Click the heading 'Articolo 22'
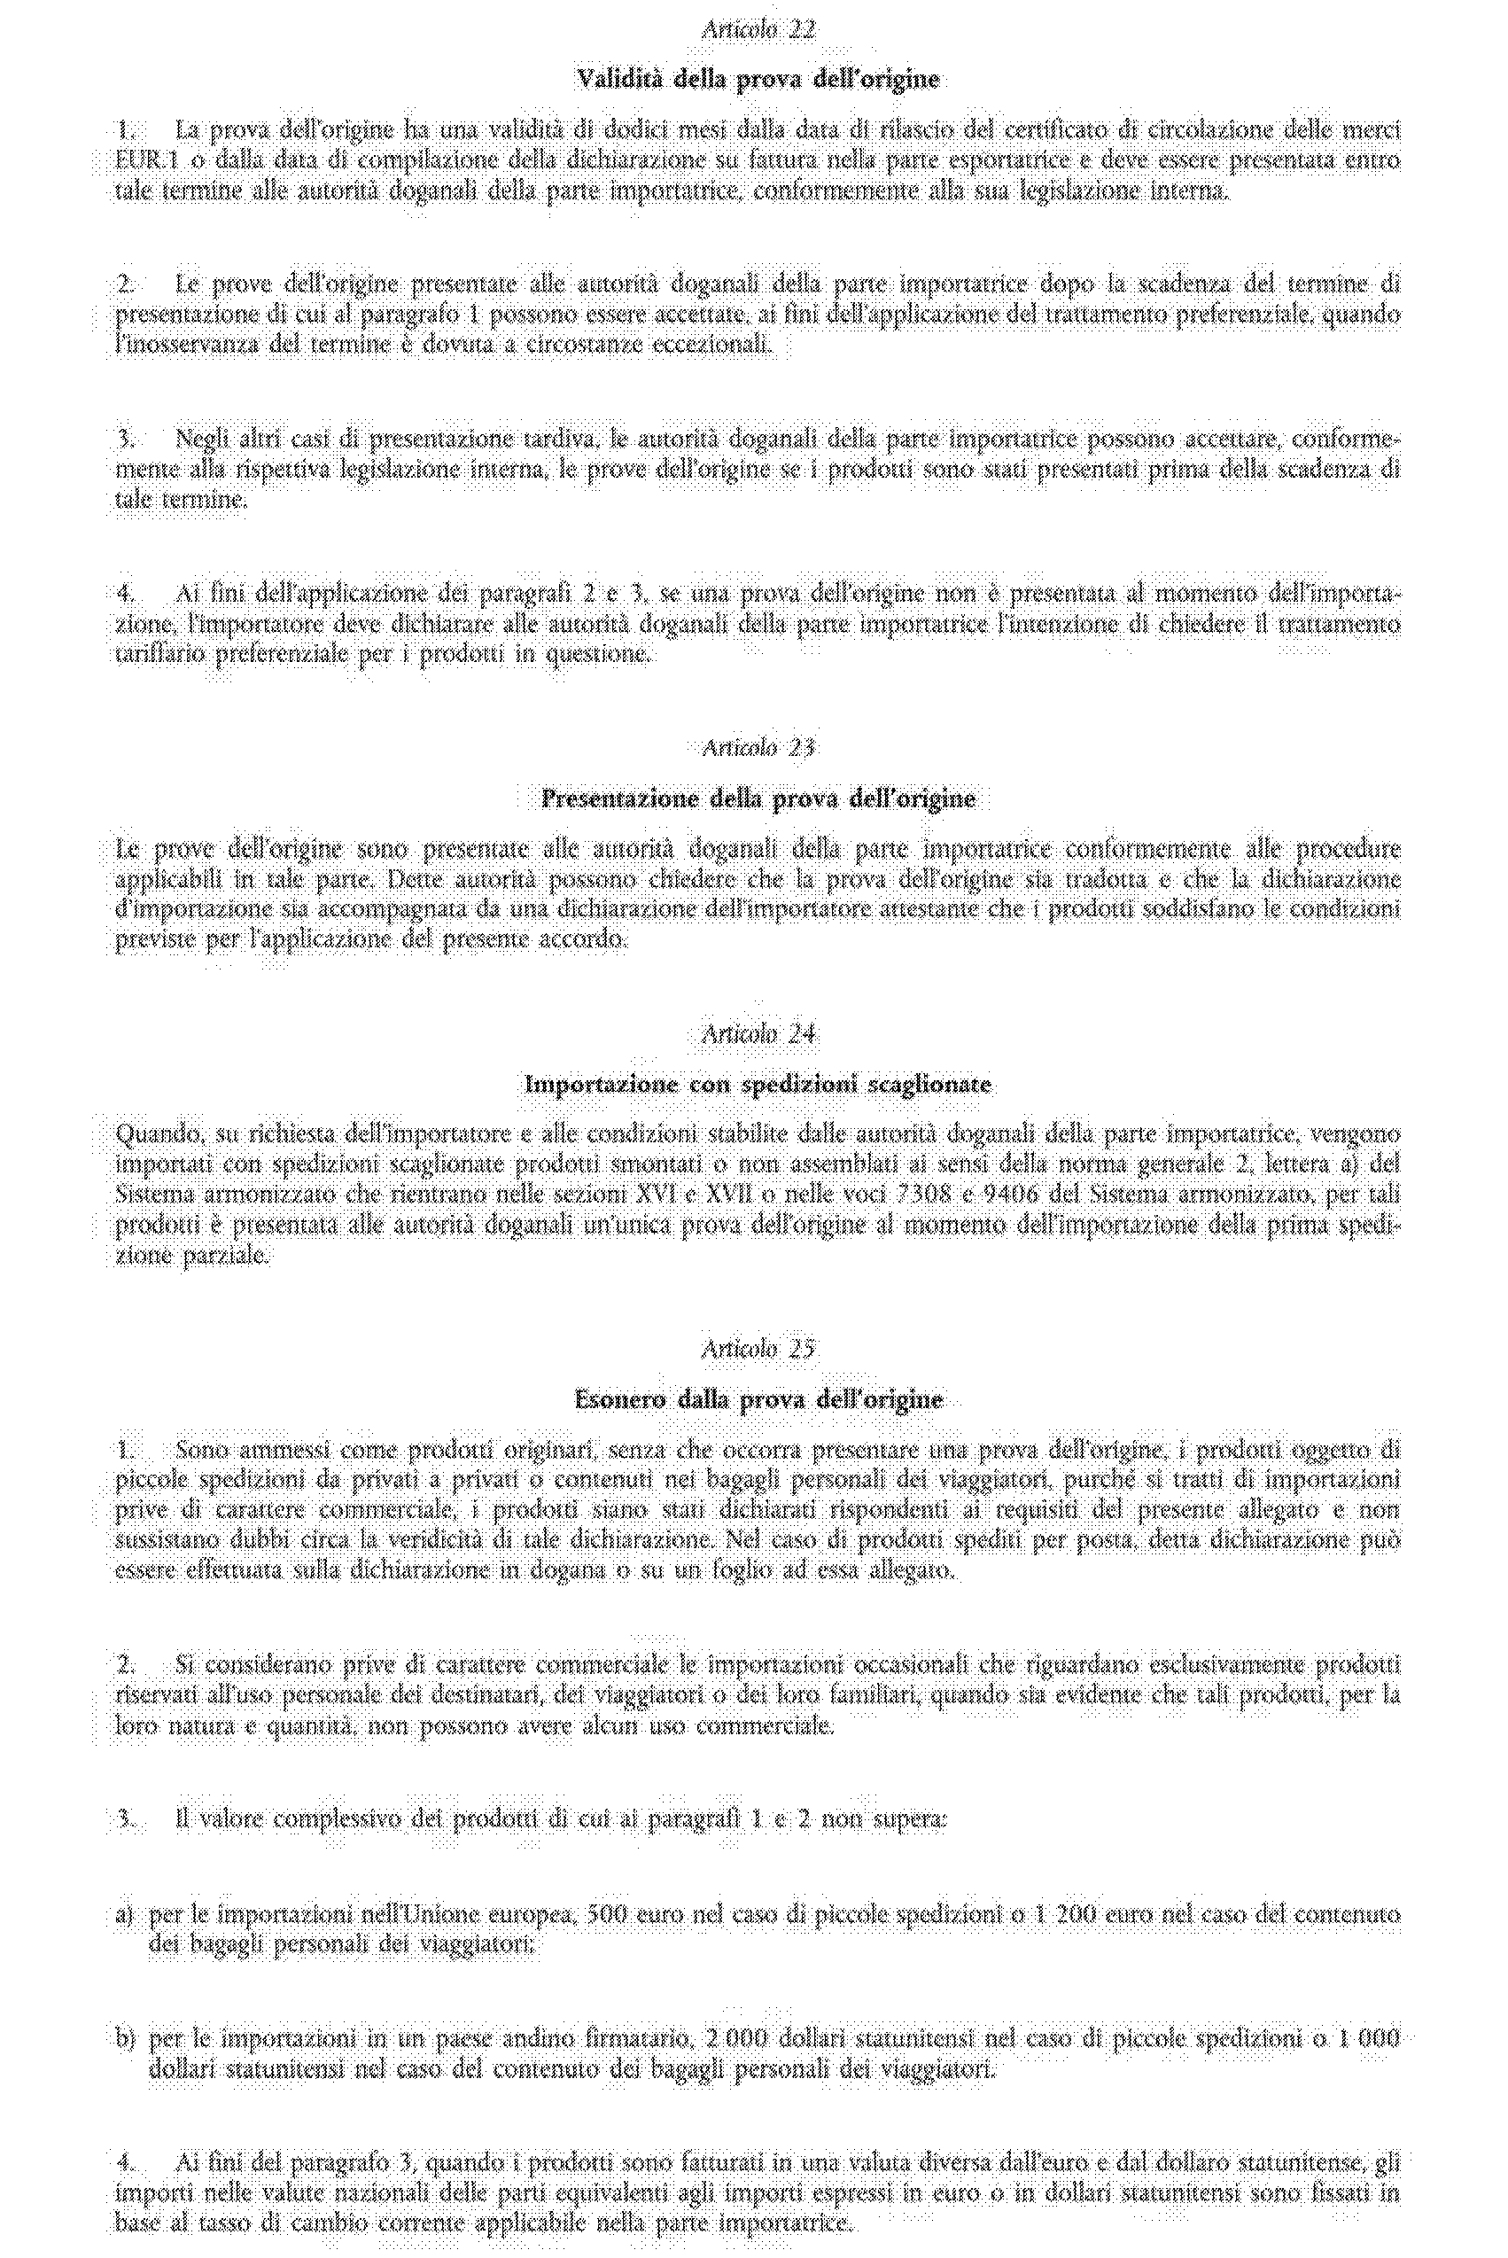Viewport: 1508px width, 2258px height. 758,30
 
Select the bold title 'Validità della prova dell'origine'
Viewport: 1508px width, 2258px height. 757,80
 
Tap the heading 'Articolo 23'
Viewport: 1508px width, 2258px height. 758,747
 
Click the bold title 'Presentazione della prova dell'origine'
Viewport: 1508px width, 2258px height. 758,798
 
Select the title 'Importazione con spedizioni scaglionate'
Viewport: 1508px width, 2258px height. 758,1085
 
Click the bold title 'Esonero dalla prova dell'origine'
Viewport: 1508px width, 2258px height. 758,1399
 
